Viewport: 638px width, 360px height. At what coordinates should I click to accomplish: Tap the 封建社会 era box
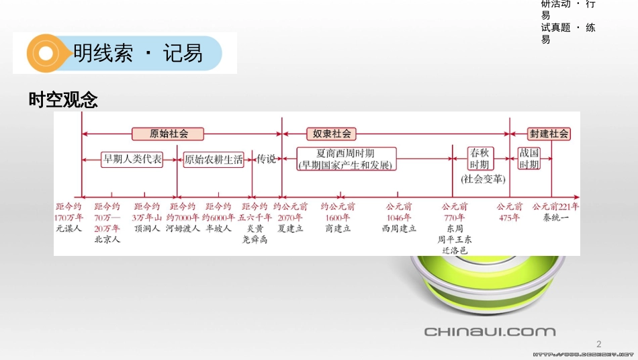point(548,133)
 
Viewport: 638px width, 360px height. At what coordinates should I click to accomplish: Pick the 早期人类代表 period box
point(132,159)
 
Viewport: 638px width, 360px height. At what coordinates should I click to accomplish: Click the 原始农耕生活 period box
point(214,159)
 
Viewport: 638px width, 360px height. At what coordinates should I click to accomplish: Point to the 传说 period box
point(267,159)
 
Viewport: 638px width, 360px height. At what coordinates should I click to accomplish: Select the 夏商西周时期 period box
point(345,159)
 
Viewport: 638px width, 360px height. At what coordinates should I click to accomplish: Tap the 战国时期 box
point(529,159)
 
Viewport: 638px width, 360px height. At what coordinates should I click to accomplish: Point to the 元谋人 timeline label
point(69,228)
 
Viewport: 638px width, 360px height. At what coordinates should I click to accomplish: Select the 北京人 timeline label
point(107,239)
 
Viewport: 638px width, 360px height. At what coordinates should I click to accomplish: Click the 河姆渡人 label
point(183,228)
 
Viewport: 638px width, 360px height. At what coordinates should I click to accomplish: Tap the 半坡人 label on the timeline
point(218,228)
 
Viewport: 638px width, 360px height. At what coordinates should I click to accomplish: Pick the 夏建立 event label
point(290,228)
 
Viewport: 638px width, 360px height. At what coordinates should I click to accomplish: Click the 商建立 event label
point(338,228)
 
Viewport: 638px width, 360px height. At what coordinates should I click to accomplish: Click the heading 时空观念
point(64,100)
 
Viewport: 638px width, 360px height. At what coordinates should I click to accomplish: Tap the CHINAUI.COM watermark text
point(490,331)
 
